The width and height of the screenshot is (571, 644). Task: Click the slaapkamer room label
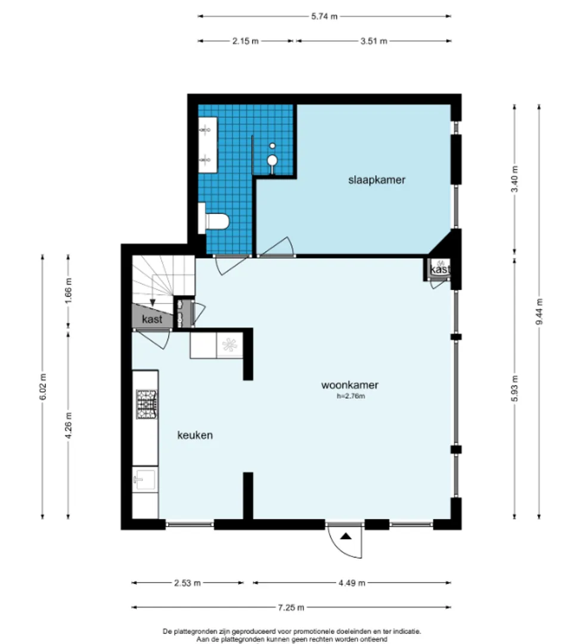[377, 180]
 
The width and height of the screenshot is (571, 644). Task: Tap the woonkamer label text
[350, 385]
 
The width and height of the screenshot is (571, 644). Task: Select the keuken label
[195, 435]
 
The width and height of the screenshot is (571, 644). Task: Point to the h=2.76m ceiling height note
[351, 396]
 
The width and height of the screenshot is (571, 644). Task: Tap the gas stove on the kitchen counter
[147, 404]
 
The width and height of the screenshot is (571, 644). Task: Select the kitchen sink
[145, 479]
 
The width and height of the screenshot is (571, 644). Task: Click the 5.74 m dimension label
[324, 17]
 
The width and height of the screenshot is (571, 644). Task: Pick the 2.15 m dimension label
[246, 41]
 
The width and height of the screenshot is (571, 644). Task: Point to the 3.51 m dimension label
[374, 41]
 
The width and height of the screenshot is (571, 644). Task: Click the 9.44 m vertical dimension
[539, 311]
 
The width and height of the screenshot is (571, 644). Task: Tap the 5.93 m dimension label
[515, 388]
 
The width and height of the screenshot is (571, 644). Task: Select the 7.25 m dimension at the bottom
[291, 608]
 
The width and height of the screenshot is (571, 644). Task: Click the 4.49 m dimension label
[352, 583]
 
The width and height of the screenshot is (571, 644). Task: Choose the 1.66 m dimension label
[69, 291]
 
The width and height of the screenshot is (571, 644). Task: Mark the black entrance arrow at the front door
[346, 536]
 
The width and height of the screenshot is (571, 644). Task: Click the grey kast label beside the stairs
[152, 319]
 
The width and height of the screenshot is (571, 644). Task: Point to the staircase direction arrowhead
[153, 303]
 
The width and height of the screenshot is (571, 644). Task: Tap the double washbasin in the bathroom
[207, 144]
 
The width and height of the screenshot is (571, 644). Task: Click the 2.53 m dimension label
[187, 583]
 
